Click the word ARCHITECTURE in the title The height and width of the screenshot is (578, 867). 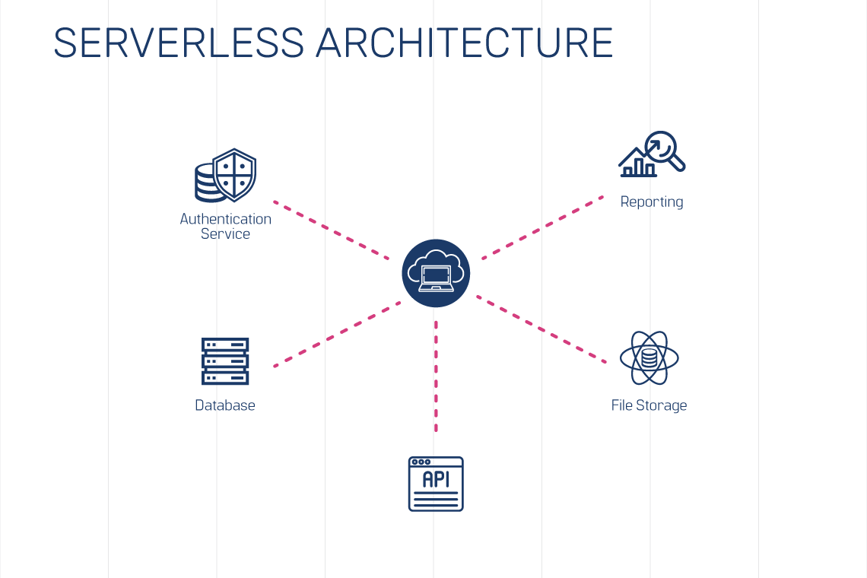[465, 43]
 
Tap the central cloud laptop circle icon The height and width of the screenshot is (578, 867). [436, 273]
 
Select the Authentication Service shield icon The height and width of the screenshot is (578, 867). [226, 176]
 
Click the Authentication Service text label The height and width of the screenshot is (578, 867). [225, 226]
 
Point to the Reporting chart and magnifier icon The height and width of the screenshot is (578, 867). [652, 155]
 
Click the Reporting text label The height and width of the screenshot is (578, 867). [652, 202]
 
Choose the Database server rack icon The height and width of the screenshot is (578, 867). [225, 361]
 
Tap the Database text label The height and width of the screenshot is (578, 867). [225, 405]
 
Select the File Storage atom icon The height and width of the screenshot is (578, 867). [649, 357]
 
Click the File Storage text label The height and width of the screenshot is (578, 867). [649, 405]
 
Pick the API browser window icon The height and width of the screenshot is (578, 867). [436, 484]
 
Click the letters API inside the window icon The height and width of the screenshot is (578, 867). [436, 479]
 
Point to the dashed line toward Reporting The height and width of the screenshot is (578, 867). [542, 227]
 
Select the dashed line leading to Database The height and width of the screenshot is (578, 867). [337, 335]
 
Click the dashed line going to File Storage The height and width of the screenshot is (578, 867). [541, 329]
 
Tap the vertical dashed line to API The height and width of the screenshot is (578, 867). [436, 376]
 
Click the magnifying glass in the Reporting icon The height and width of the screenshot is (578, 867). [663, 148]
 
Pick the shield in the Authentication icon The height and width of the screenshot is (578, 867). [235, 173]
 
